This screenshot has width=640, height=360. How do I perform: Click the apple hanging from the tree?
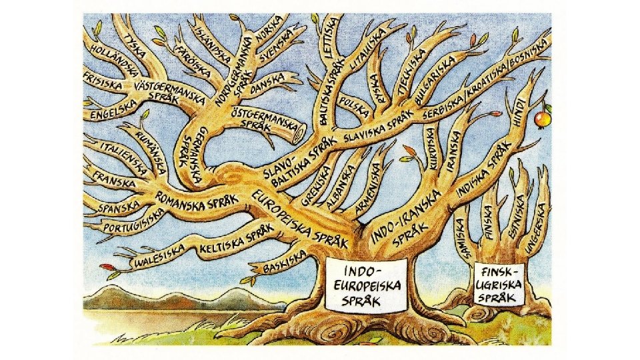click(x=542, y=119)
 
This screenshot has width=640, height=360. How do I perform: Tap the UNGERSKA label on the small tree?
click(x=537, y=228)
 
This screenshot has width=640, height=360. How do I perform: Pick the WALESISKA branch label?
click(x=159, y=255)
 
